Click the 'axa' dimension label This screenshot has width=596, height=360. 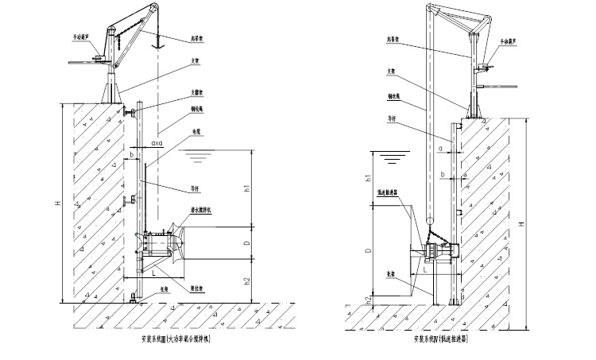point(156,144)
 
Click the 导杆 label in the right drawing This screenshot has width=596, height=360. point(393,122)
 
